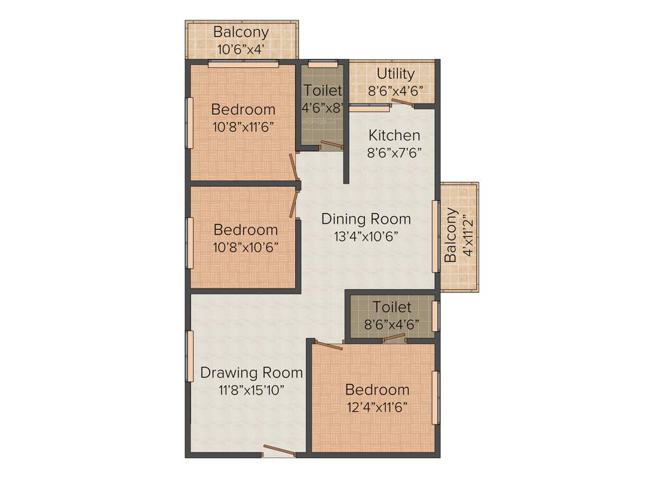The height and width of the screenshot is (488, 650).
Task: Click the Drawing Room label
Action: [251, 372]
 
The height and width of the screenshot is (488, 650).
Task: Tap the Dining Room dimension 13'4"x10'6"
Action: [366, 236]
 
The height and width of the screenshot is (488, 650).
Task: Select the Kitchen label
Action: [394, 135]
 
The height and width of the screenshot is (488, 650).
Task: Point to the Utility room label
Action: [395, 74]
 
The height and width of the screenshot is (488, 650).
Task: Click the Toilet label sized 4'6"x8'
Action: [322, 91]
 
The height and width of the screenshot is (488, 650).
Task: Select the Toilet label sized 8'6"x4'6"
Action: [392, 307]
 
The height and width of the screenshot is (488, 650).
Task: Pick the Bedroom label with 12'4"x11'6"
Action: [377, 390]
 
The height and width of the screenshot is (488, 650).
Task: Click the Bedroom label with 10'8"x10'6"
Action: [245, 229]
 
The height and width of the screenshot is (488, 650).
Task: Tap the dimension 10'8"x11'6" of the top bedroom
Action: [243, 126]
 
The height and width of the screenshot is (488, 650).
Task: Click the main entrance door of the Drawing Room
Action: [279, 451]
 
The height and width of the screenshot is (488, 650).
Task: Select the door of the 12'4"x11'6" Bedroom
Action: [328, 346]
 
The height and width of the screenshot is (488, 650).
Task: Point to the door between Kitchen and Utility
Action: [402, 104]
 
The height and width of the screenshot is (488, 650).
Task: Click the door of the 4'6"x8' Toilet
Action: [331, 144]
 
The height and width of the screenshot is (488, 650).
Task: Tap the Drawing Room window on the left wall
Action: [189, 356]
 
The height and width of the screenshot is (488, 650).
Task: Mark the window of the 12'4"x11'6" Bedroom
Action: [435, 397]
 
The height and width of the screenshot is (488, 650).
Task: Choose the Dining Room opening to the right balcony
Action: [435, 236]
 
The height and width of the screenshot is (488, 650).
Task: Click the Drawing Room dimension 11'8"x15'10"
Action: [251, 390]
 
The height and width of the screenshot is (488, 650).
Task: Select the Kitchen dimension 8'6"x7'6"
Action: [394, 152]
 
